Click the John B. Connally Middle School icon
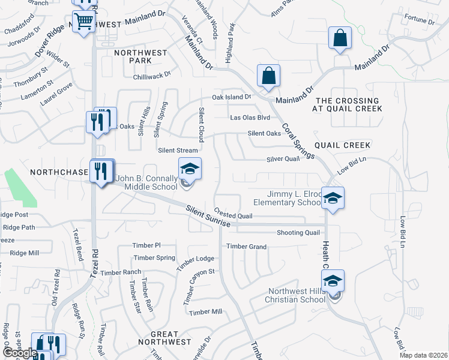[x=190, y=169]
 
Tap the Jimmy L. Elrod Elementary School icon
[x=332, y=197]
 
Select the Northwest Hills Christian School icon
[x=333, y=281]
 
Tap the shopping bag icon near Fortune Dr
[x=340, y=38]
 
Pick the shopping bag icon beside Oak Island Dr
[x=268, y=76]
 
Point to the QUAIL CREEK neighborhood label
[x=343, y=145]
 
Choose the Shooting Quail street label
[x=298, y=233]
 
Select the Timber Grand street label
[x=246, y=246]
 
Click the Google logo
[x=19, y=353]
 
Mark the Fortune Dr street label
[x=420, y=22]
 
